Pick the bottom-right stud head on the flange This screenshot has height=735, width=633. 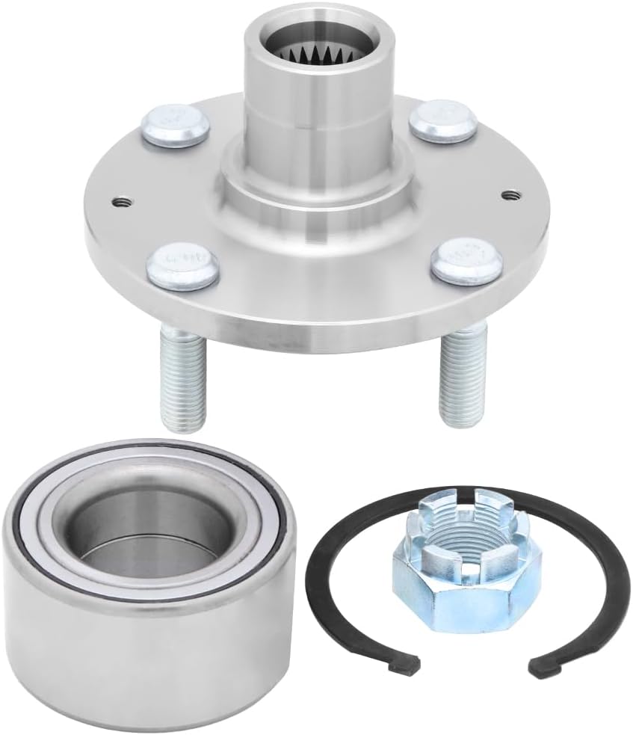464,258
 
